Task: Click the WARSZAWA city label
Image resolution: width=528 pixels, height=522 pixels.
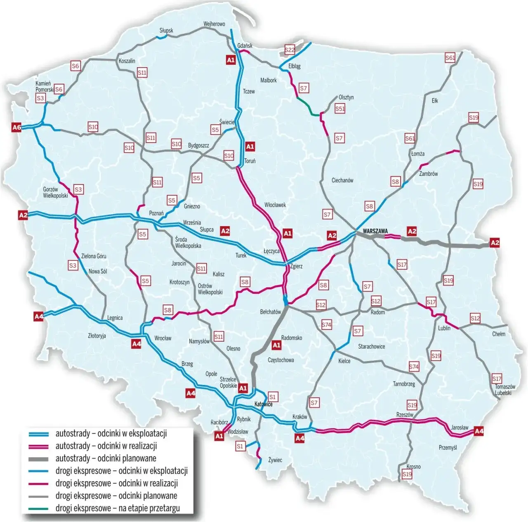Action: pyautogui.click(x=375, y=231)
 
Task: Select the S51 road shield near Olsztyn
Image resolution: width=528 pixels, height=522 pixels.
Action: pyautogui.click(x=340, y=109)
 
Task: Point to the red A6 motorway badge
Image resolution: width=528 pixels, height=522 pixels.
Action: pyautogui.click(x=16, y=128)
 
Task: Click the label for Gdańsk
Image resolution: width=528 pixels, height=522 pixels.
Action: pyautogui.click(x=245, y=46)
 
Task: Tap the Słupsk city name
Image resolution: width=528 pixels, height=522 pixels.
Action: pyautogui.click(x=166, y=31)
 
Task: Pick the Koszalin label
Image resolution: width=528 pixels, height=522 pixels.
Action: pyautogui.click(x=127, y=61)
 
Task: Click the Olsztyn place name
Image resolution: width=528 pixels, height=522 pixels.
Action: pyautogui.click(x=346, y=97)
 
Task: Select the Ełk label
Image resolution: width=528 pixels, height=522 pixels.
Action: pyautogui.click(x=435, y=101)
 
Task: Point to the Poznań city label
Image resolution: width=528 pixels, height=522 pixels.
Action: pyautogui.click(x=156, y=213)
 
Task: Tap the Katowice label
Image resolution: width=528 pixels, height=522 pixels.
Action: pyautogui.click(x=263, y=404)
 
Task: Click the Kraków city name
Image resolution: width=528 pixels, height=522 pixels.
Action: pyautogui.click(x=299, y=417)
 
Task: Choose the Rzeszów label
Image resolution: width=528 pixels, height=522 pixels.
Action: pyautogui.click(x=405, y=415)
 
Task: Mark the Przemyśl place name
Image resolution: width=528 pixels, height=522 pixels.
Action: pyautogui.click(x=448, y=447)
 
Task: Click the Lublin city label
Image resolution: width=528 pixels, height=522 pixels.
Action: pyautogui.click(x=444, y=328)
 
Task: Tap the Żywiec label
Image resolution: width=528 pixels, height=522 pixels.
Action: pyautogui.click(x=275, y=460)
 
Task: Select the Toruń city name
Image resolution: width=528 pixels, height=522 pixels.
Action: pyautogui.click(x=250, y=161)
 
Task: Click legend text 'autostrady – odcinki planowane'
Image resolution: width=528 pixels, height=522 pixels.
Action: pyautogui.click(x=106, y=458)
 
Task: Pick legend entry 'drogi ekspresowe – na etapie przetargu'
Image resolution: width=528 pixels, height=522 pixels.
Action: pyautogui.click(x=118, y=508)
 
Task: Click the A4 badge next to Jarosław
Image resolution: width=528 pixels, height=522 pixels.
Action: pyautogui.click(x=479, y=431)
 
